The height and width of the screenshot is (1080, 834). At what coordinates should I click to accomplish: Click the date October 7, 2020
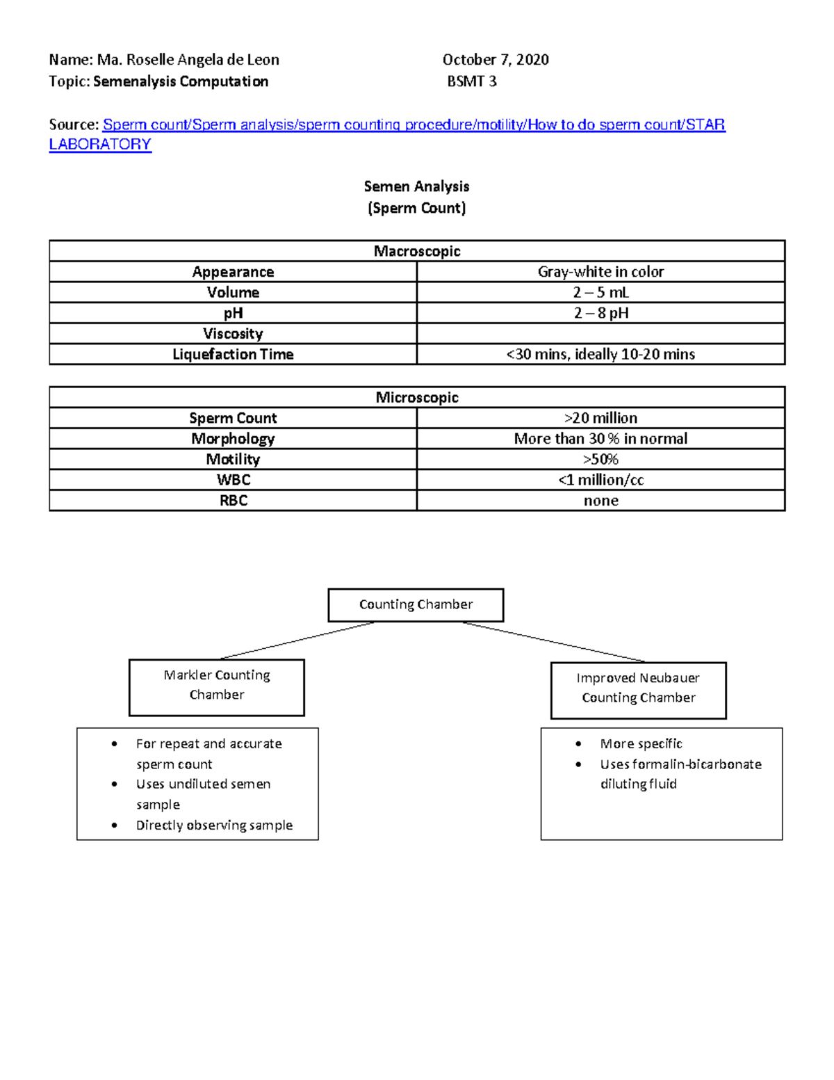496,60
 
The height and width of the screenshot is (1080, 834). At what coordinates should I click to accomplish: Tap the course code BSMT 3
472,81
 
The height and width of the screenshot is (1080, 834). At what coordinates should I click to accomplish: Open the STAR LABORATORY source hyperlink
414,125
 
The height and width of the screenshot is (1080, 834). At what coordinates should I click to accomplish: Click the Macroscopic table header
417,251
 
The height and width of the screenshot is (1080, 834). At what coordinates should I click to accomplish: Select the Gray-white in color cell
600,272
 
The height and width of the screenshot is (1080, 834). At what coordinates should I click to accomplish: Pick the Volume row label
233,292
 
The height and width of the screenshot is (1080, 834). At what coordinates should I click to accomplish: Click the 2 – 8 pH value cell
600,313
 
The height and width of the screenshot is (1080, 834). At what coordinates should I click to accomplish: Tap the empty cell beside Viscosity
600,334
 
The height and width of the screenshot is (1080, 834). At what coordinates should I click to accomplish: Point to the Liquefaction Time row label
233,355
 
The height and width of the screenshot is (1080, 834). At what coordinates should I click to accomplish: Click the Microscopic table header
417,398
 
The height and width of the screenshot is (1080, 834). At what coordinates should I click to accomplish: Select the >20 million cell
600,418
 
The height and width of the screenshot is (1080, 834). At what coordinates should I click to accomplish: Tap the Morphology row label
233,439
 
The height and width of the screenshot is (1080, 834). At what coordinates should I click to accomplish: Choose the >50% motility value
600,460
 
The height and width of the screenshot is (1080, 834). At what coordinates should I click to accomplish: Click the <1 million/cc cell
600,480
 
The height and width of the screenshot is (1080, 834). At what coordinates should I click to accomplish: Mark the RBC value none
600,501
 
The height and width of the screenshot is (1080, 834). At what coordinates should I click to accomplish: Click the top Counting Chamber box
416,605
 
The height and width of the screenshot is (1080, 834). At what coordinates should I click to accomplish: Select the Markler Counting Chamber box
217,687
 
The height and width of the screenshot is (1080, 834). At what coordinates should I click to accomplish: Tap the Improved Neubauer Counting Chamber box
638,690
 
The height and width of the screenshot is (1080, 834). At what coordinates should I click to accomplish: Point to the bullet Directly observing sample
214,825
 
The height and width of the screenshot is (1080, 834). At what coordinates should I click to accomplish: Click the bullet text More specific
641,744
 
